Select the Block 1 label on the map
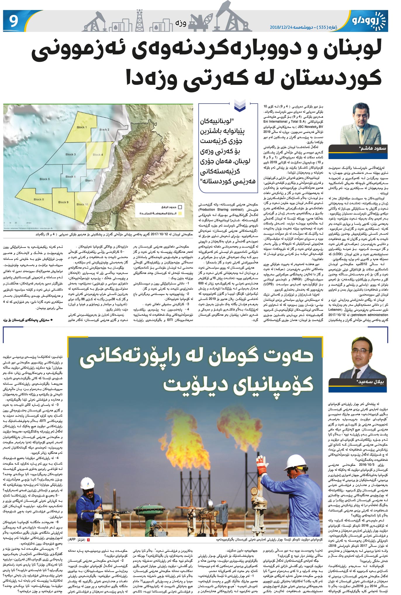click(x=82, y=127)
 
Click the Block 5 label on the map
click(x=45, y=179)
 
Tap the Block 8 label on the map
click(x=39, y=200)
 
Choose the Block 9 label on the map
click(x=63, y=202)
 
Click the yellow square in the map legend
click(x=180, y=214)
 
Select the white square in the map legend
click(x=180, y=207)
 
